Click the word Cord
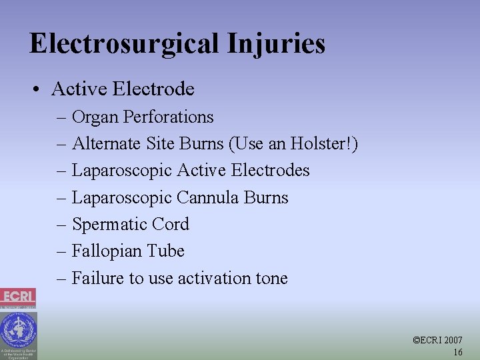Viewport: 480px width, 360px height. pyautogui.click(x=171, y=225)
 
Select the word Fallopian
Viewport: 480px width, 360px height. pyautogui.click(x=107, y=251)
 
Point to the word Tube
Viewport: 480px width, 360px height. pyautogui.click(x=167, y=251)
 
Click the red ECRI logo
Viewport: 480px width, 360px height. pyautogui.click(x=18, y=297)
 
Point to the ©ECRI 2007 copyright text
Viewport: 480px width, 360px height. pyautogui.click(x=438, y=340)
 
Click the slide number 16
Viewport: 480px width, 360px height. pyautogui.click(x=457, y=352)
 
